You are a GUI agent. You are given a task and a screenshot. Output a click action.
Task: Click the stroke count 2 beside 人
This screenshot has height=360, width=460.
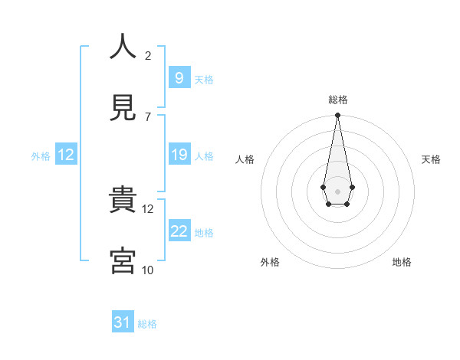coord(148,56)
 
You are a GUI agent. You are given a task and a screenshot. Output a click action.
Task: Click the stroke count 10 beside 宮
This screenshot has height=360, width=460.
coord(148,270)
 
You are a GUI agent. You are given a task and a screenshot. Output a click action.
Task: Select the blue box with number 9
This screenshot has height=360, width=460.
coord(179,77)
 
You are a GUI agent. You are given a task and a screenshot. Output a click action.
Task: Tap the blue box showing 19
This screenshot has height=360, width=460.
coord(179,155)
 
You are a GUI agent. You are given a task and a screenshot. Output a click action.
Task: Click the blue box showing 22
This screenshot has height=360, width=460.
coord(179,232)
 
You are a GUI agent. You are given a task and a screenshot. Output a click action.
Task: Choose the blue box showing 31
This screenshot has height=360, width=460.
coord(123,323)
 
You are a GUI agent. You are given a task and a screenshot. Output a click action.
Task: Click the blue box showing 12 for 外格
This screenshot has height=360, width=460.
coord(66,155)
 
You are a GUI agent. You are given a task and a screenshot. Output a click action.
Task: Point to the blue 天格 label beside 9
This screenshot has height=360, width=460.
coord(203,80)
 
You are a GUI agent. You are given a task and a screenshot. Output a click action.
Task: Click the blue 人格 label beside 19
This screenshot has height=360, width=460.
coord(204,156)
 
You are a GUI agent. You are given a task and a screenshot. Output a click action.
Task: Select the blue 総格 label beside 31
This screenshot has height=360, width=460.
coord(147,325)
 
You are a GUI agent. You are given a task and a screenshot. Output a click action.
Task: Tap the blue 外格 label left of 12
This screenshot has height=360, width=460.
coord(41,156)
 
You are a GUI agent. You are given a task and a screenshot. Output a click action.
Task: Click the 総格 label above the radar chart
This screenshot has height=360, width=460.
coord(338,100)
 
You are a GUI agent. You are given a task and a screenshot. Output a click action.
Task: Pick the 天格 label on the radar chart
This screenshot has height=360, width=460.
coord(432,159)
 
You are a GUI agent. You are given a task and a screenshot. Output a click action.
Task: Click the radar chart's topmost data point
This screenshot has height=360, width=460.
coord(337,116)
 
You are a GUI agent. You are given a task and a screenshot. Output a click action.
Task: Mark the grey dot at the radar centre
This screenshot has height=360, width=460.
coord(337,190)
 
